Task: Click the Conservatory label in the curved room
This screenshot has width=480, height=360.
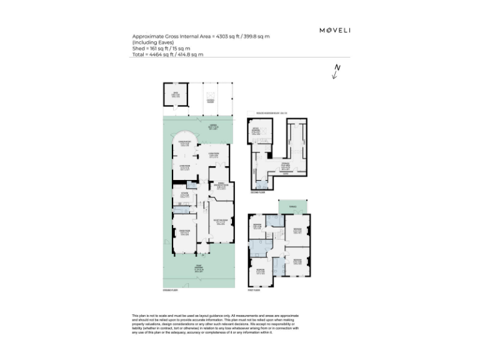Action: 184,142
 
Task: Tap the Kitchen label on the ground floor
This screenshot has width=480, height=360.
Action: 184,194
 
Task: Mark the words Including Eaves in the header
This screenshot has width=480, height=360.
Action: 149,42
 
